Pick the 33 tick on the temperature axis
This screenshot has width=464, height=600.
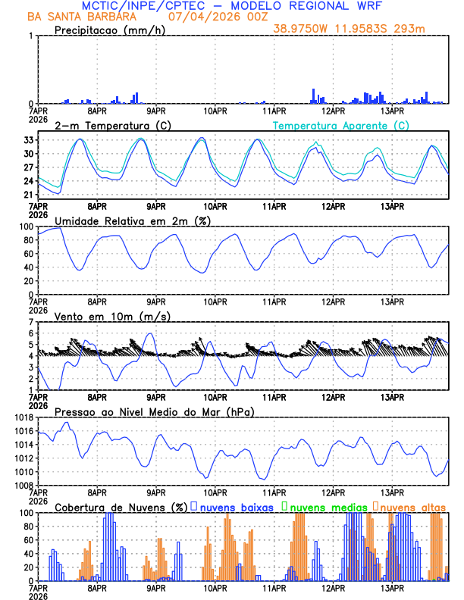27,140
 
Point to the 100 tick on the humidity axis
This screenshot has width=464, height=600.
25,227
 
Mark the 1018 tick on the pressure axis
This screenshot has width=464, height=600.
23,417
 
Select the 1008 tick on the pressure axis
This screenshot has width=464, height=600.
23,486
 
